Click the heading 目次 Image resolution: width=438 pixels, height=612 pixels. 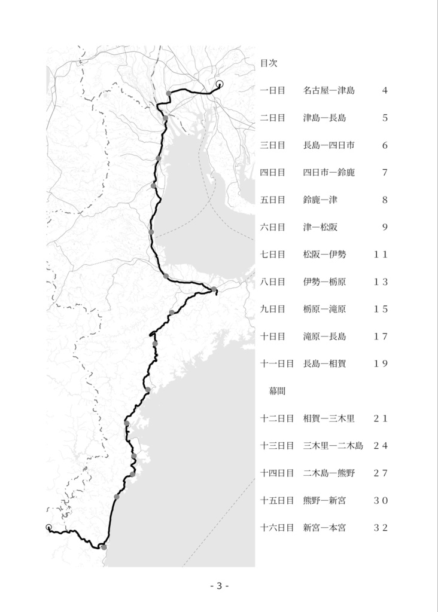coord(268,62)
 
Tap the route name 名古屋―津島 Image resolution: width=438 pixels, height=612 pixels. coord(328,90)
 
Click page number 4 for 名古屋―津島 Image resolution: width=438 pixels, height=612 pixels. coord(385,90)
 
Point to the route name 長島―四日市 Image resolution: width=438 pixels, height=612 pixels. coord(328,145)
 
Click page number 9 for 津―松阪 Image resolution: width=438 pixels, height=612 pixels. coord(385,227)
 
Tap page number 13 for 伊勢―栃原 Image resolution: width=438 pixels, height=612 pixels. coord(381,282)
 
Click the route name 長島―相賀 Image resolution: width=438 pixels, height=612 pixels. coord(324,363)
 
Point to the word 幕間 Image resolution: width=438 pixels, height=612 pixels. coord(275,391)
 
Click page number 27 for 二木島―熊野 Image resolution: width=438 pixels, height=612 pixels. coord(381,473)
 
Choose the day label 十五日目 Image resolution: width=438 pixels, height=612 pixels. coord(277,500)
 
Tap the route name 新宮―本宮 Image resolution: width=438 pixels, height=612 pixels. coord(324,528)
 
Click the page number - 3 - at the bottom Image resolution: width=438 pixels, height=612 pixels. coord(220,586)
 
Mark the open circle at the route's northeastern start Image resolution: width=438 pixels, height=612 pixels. coord(219,84)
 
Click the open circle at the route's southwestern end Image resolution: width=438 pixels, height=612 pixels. coord(48,527)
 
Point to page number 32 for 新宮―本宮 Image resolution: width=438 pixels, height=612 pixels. coord(381,528)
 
